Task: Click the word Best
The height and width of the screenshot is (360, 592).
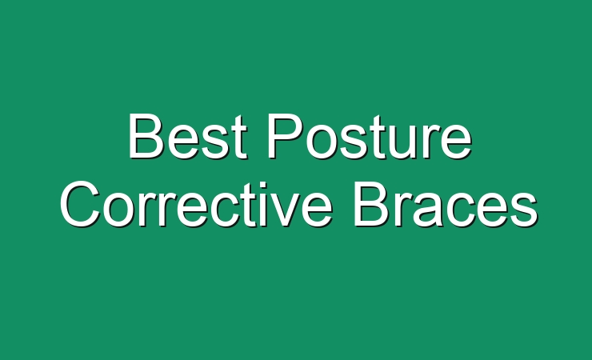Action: (x=188, y=136)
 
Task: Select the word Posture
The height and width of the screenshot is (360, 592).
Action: (x=370, y=136)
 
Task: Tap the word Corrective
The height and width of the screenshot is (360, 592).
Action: (x=196, y=204)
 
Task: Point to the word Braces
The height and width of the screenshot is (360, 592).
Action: (x=446, y=204)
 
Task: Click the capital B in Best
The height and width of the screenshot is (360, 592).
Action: (x=146, y=135)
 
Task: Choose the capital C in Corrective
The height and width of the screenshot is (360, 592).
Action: (x=80, y=204)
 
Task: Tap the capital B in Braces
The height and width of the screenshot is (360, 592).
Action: (x=371, y=204)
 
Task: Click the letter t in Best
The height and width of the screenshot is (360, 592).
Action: (x=239, y=137)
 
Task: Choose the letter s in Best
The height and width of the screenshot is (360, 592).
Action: (x=215, y=141)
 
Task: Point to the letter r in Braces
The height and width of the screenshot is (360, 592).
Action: (x=402, y=210)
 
